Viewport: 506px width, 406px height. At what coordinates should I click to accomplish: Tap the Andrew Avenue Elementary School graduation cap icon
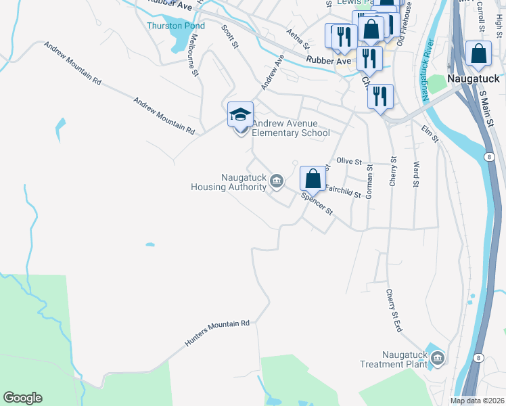pos(240,115)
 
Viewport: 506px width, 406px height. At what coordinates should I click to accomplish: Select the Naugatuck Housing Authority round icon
pos(277,181)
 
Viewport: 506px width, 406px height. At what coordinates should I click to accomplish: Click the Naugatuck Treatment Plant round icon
pos(437,357)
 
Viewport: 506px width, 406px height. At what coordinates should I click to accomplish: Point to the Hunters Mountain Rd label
pos(217,334)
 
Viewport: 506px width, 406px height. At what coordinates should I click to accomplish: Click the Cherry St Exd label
pos(394,310)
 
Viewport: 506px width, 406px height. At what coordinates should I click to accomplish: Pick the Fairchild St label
pos(344,191)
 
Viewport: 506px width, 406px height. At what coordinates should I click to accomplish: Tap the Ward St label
pos(416,174)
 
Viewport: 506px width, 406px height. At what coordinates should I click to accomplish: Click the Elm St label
pos(430,133)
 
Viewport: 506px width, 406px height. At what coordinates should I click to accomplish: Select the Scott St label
pos(231,37)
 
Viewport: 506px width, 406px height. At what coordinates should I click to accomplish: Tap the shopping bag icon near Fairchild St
pos(313,179)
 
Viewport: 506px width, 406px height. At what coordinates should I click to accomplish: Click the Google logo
pos(22,398)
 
